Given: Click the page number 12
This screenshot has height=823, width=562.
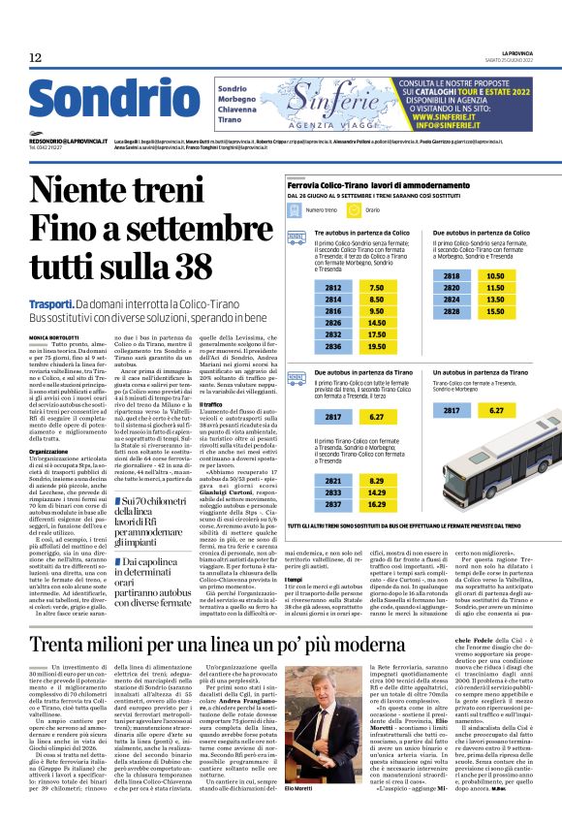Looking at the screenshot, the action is coord(36,58).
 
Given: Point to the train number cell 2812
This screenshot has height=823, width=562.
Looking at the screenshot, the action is coord(333,288).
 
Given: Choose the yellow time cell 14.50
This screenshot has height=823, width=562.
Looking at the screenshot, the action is coord(377,323).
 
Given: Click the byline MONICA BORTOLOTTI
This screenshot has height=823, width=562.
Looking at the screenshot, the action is coord(56,337).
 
